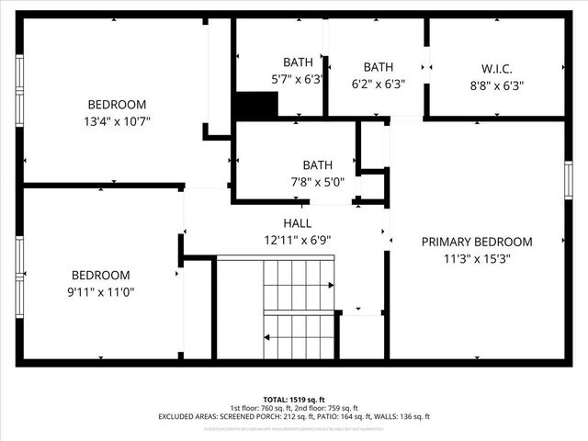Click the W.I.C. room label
coord(496,69)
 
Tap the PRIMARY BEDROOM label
coord(477,242)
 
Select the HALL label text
coord(297,223)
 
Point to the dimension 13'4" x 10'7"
coord(117,121)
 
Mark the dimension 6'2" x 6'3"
coord(379,84)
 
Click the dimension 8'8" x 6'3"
coord(496,85)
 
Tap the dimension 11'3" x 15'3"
coord(477,259)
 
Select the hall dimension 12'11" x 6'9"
coord(297,241)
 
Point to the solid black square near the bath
coord(255,105)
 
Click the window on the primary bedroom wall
coord(568,179)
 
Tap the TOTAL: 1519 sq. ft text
coord(294,400)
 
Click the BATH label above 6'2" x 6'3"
coord(379,67)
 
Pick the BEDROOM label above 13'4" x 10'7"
coord(117,105)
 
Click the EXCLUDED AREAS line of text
coord(294,417)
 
